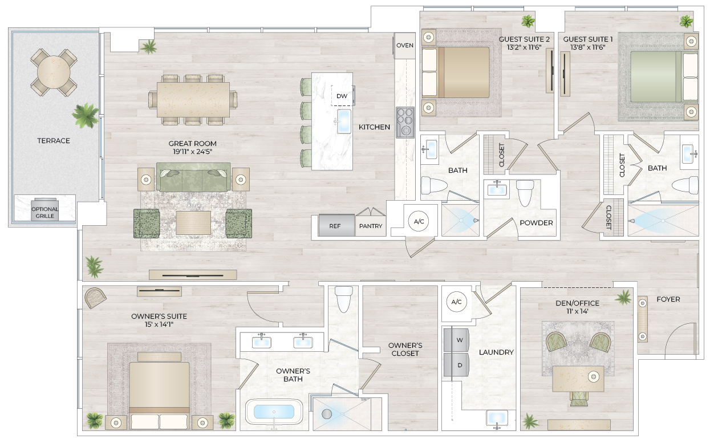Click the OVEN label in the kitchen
(405, 46)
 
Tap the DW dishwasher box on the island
(342, 96)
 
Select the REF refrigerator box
(335, 226)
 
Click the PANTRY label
(371, 226)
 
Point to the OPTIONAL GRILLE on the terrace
(44, 212)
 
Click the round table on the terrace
(54, 72)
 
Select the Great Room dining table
(193, 100)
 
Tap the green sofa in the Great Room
(194, 178)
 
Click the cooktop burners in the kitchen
(405, 122)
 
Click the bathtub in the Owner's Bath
(274, 412)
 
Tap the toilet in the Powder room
(525, 193)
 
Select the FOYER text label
(668, 299)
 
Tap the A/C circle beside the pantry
(418, 221)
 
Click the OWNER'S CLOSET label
(405, 350)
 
